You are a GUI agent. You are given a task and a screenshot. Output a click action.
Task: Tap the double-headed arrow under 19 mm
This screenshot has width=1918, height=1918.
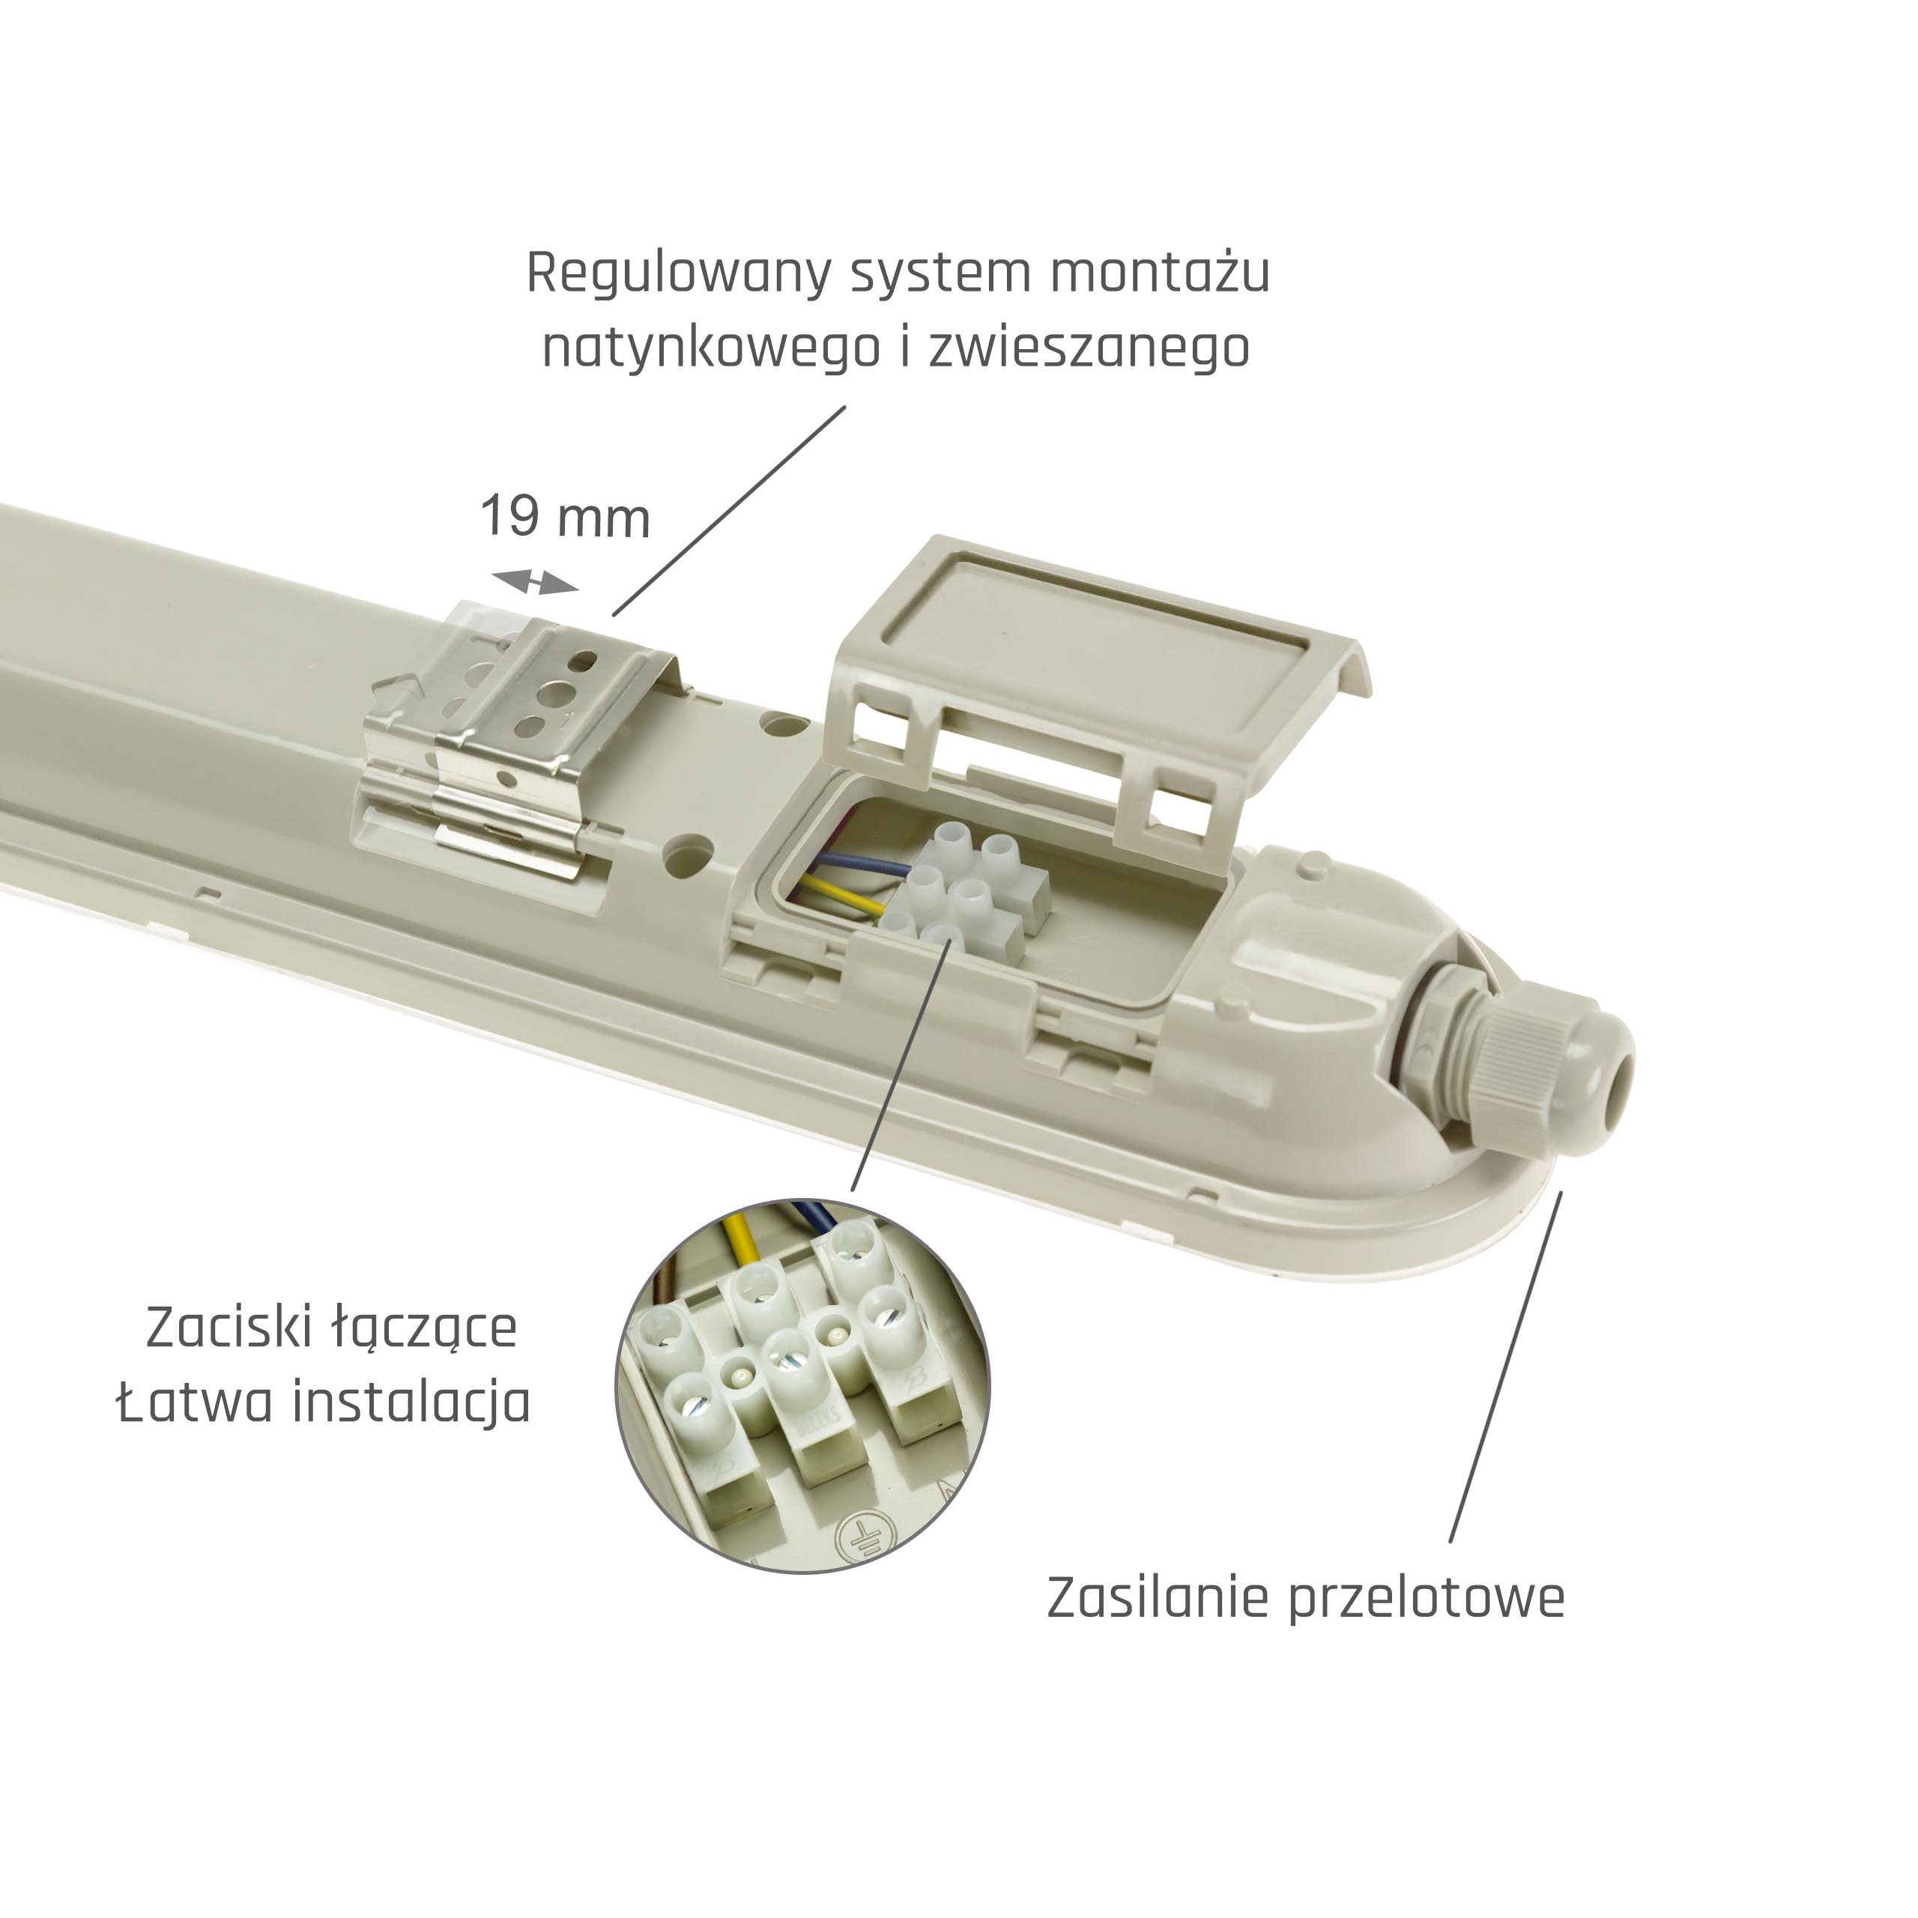click(x=535, y=583)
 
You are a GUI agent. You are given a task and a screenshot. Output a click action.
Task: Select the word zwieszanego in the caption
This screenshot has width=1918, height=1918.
click(x=1089, y=348)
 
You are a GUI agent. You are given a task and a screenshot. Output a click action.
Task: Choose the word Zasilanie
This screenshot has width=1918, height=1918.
click(x=1158, y=1597)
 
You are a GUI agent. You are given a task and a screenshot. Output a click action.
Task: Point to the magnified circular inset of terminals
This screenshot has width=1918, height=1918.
click(x=803, y=1385)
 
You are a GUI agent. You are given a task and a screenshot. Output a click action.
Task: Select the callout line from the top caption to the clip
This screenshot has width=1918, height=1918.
click(x=730, y=510)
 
